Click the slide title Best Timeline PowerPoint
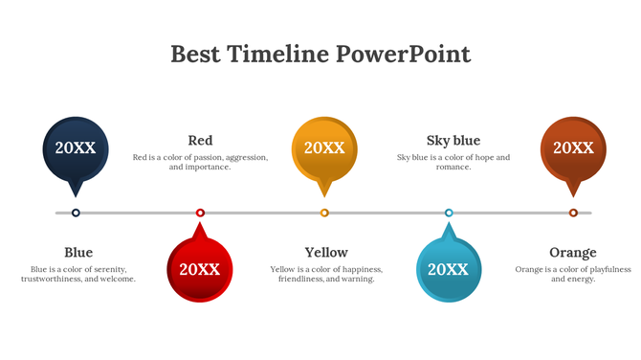pyautogui.click(x=320, y=54)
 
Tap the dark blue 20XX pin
pyautogui.click(x=76, y=148)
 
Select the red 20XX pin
pyautogui.click(x=200, y=269)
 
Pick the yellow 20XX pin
pyautogui.click(x=324, y=148)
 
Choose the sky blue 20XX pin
pyautogui.click(x=449, y=269)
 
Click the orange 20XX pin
pyautogui.click(x=573, y=148)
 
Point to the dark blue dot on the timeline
pyautogui.click(x=76, y=213)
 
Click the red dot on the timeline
pyautogui.click(x=200, y=213)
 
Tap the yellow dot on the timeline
pyautogui.click(x=324, y=213)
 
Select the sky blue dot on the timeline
pyautogui.click(x=449, y=213)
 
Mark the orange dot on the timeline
pyautogui.click(x=573, y=213)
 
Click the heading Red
pyautogui.click(x=200, y=141)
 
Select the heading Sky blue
pyautogui.click(x=453, y=141)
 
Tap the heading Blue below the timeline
pyautogui.click(x=78, y=253)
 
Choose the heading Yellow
pyautogui.click(x=326, y=253)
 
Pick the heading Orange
pyautogui.click(x=573, y=253)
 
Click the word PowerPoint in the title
pyautogui.click(x=404, y=54)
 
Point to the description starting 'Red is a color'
pyautogui.click(x=200, y=162)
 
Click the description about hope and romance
pyautogui.click(x=453, y=162)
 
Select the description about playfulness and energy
pyautogui.click(x=573, y=274)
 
